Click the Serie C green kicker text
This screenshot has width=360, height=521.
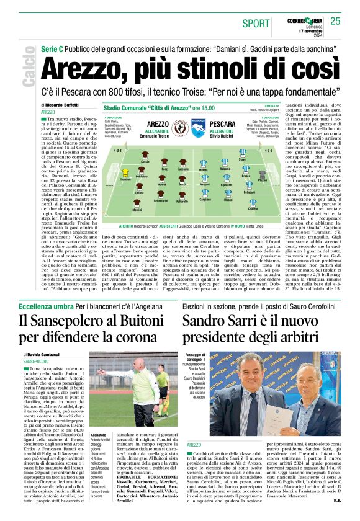pyautogui.click(x=53, y=48)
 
